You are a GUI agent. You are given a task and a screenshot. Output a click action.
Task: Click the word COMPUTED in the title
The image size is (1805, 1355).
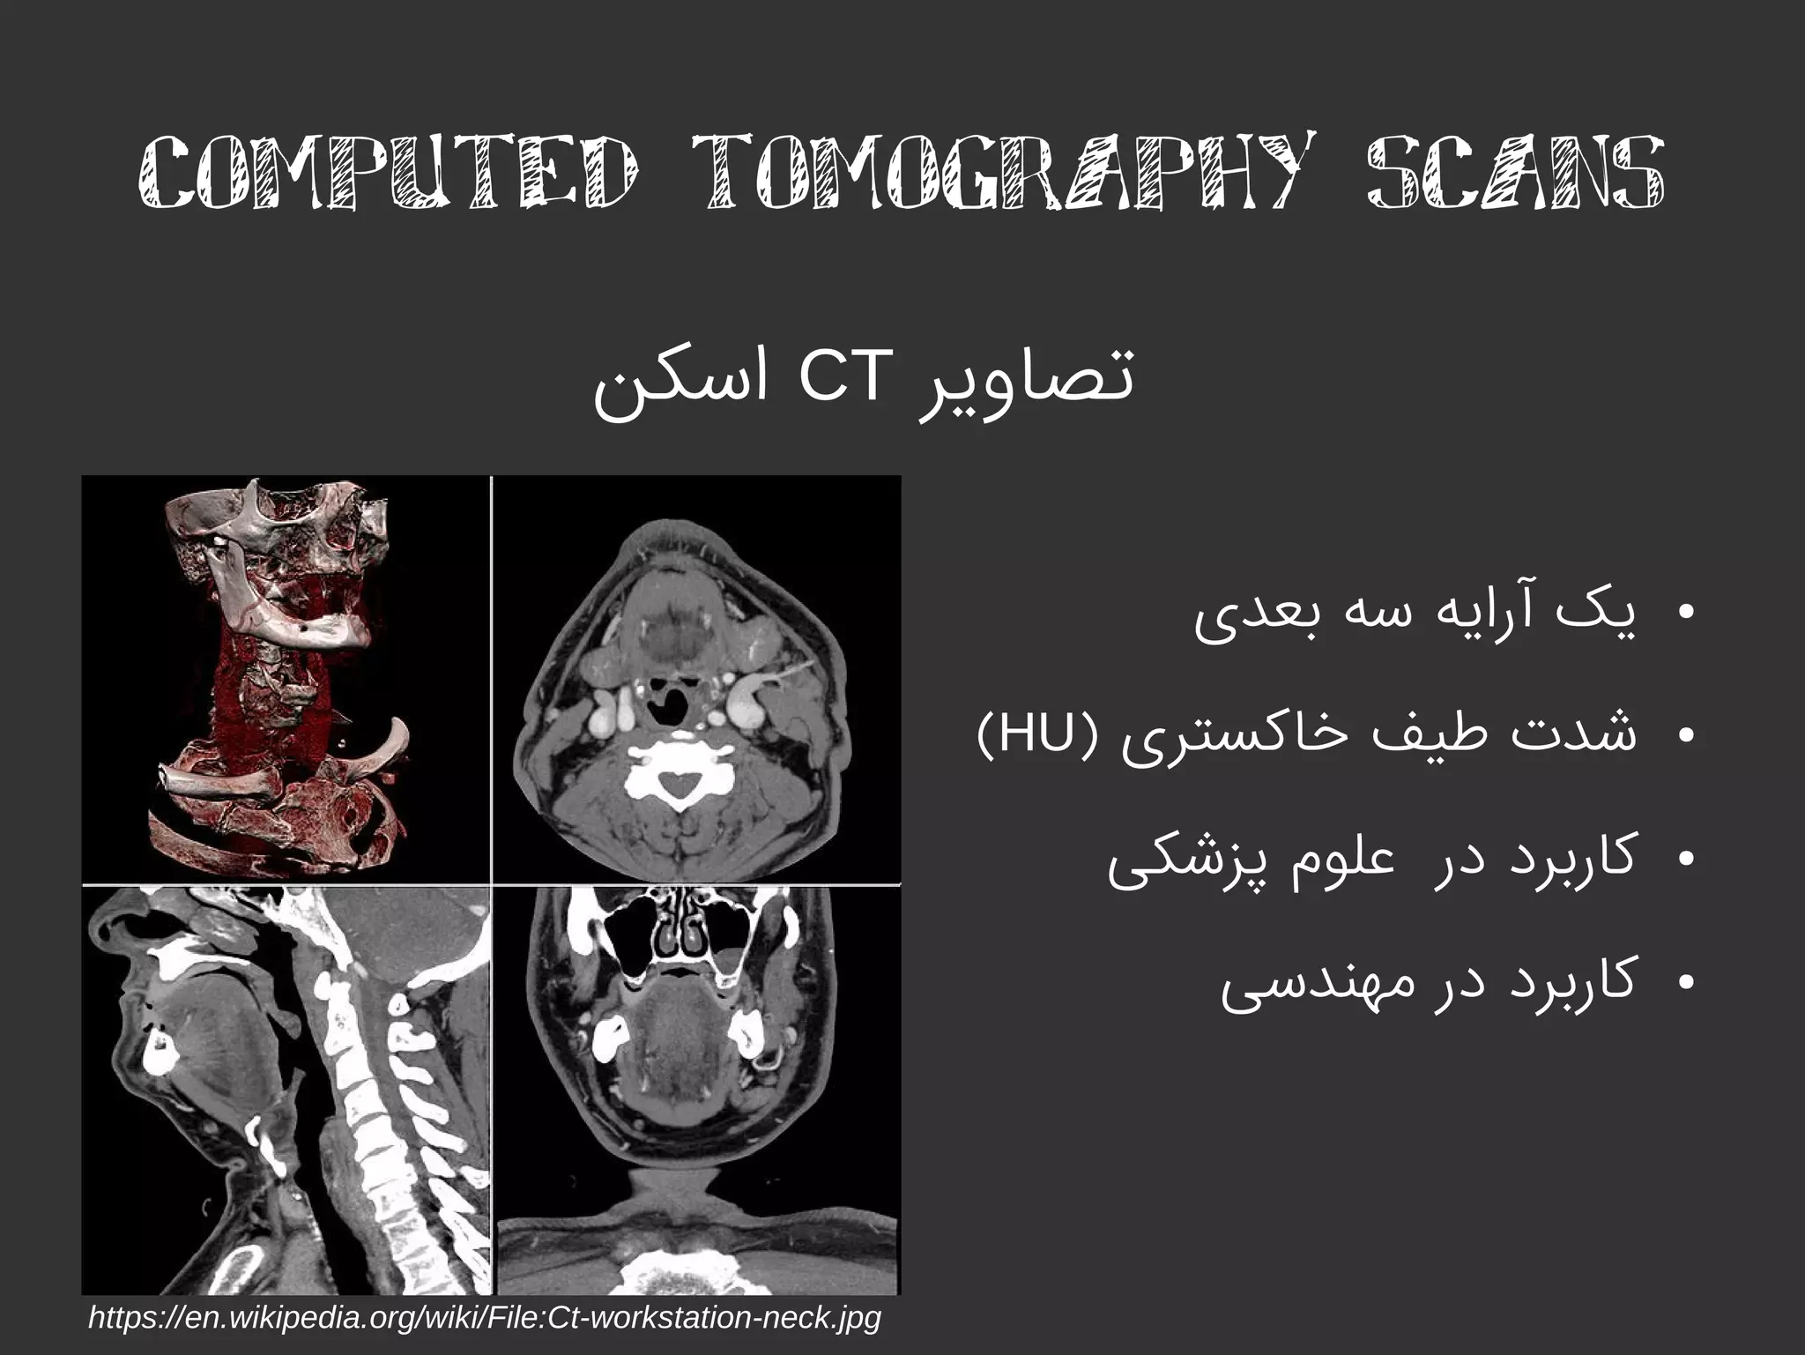click(388, 173)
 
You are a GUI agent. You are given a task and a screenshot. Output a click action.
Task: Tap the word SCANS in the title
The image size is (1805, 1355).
click(1516, 173)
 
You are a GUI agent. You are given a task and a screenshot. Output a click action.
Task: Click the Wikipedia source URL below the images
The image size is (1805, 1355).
click(485, 1317)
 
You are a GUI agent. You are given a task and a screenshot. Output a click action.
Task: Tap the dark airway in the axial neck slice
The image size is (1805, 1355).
click(670, 711)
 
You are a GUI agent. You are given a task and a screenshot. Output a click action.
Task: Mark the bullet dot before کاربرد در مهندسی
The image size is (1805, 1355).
click(1686, 980)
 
